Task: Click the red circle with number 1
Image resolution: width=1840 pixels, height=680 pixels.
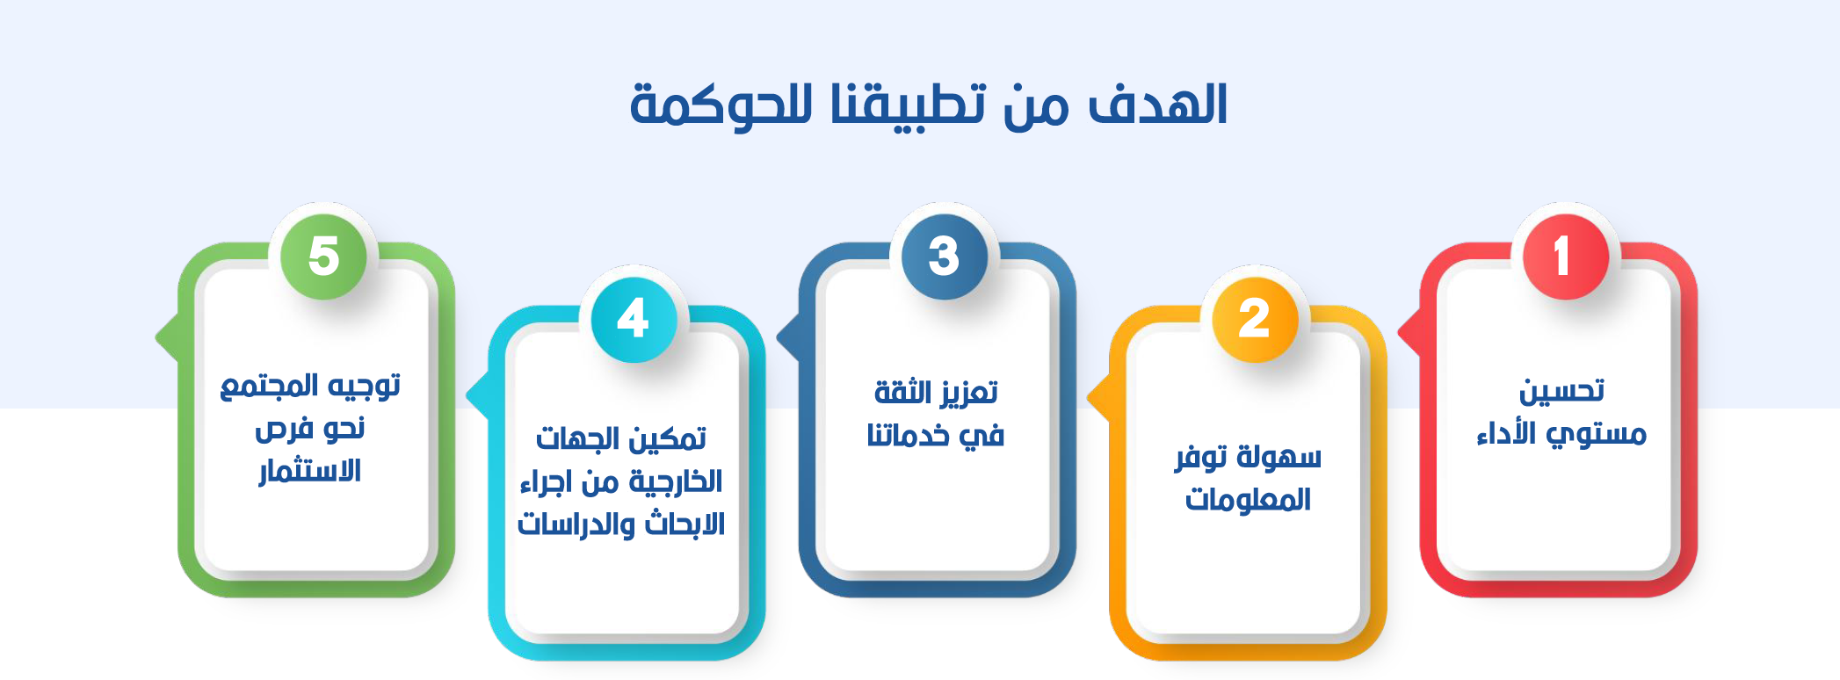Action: coord(1565,257)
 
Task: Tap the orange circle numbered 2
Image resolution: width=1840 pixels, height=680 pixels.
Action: coord(1255,319)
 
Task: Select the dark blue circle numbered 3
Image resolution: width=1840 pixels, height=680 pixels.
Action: coord(944,257)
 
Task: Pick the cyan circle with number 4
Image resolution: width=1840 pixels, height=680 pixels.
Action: coord(634,319)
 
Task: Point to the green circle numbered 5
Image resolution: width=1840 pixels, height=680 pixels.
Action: coord(323,257)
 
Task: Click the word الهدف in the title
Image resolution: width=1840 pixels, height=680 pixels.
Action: coord(1158,105)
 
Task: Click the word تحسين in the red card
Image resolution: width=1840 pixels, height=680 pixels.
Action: coord(1561,391)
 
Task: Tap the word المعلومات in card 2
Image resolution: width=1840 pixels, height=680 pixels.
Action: coord(1248,499)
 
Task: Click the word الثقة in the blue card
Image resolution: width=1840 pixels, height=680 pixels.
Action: coord(902,392)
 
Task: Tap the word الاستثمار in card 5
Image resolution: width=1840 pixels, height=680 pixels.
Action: coord(310,471)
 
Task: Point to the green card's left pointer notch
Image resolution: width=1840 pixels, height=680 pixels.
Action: coord(167,337)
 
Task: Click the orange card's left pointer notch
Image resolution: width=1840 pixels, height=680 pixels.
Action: coord(1098,400)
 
